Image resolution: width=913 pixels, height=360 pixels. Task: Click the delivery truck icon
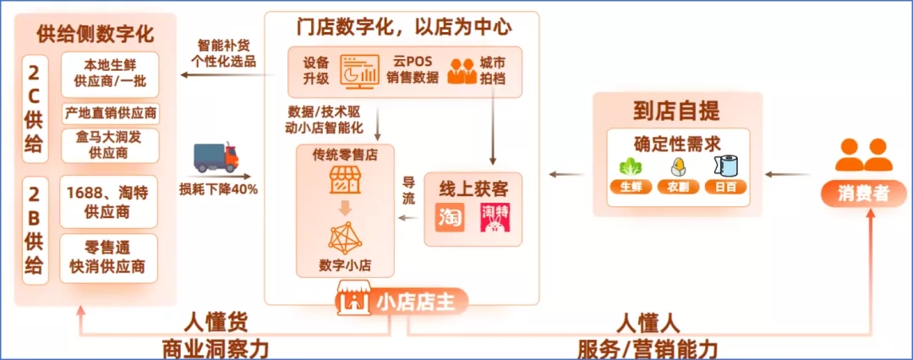pyautogui.click(x=216, y=157)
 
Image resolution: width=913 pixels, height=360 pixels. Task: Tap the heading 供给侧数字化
pyautogui.click(x=96, y=35)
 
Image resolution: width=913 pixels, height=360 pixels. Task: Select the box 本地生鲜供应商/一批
pyautogui.click(x=110, y=74)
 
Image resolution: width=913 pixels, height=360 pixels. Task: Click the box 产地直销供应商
pyautogui.click(x=110, y=113)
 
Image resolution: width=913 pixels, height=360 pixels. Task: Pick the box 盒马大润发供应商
pyautogui.click(x=110, y=145)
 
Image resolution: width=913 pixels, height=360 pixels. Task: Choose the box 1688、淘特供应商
pyautogui.click(x=110, y=202)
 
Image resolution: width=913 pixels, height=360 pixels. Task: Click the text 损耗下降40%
pyautogui.click(x=219, y=188)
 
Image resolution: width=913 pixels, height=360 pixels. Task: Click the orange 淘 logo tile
pyautogui.click(x=451, y=215)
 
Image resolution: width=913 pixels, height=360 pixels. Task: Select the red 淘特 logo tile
pyautogui.click(x=495, y=215)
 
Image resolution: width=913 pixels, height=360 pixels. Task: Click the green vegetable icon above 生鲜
pyautogui.click(x=629, y=165)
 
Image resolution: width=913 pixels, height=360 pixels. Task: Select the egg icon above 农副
pyautogui.click(x=676, y=165)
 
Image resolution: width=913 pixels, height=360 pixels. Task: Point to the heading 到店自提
pyautogui.click(x=676, y=111)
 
